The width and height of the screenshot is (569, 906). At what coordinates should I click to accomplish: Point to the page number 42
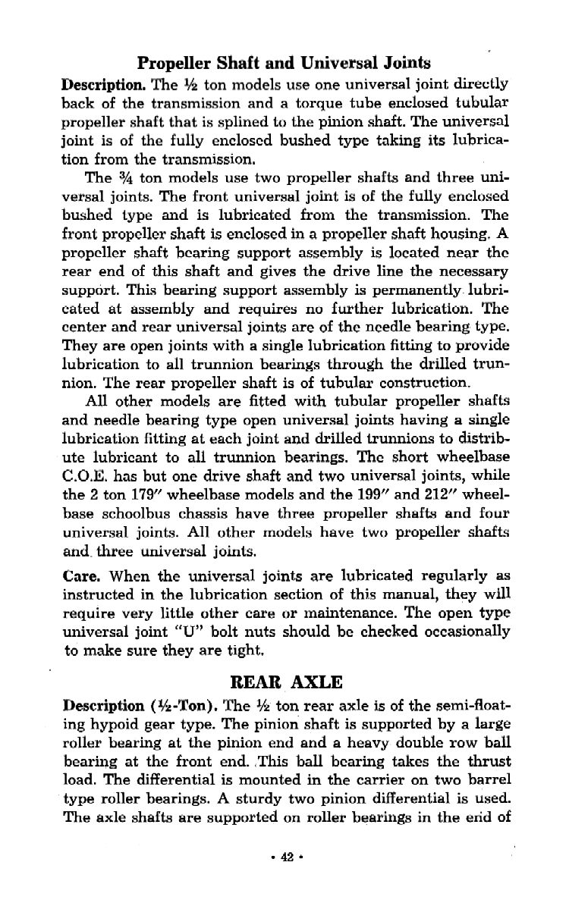[x=284, y=856]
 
